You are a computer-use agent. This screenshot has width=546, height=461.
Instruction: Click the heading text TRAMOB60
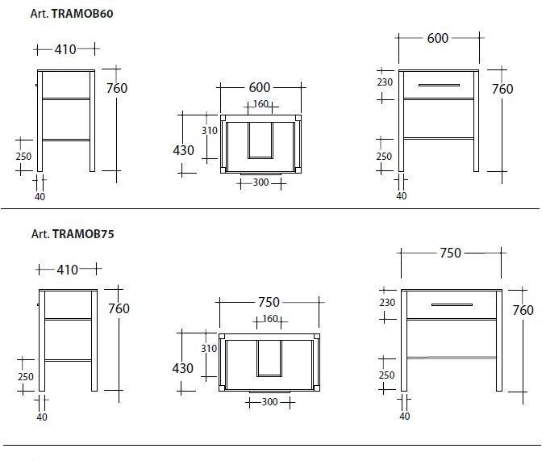[82, 14]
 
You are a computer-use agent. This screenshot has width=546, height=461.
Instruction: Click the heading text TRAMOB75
[83, 233]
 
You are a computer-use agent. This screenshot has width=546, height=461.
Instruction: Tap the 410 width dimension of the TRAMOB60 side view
[65, 49]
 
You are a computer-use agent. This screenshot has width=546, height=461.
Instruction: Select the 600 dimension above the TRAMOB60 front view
[438, 38]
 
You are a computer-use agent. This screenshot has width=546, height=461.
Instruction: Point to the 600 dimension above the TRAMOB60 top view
[260, 87]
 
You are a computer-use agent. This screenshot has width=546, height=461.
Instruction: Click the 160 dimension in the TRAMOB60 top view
[260, 103]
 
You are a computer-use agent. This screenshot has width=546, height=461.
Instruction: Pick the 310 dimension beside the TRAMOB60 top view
[209, 131]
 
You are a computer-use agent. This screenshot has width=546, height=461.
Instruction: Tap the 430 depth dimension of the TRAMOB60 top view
[184, 150]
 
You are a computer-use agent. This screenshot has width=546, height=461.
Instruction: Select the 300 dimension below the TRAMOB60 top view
[260, 182]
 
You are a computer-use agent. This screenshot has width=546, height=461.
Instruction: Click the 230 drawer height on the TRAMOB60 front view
[385, 82]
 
